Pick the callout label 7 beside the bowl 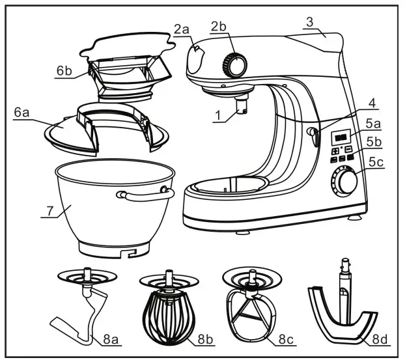[x=46, y=212]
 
